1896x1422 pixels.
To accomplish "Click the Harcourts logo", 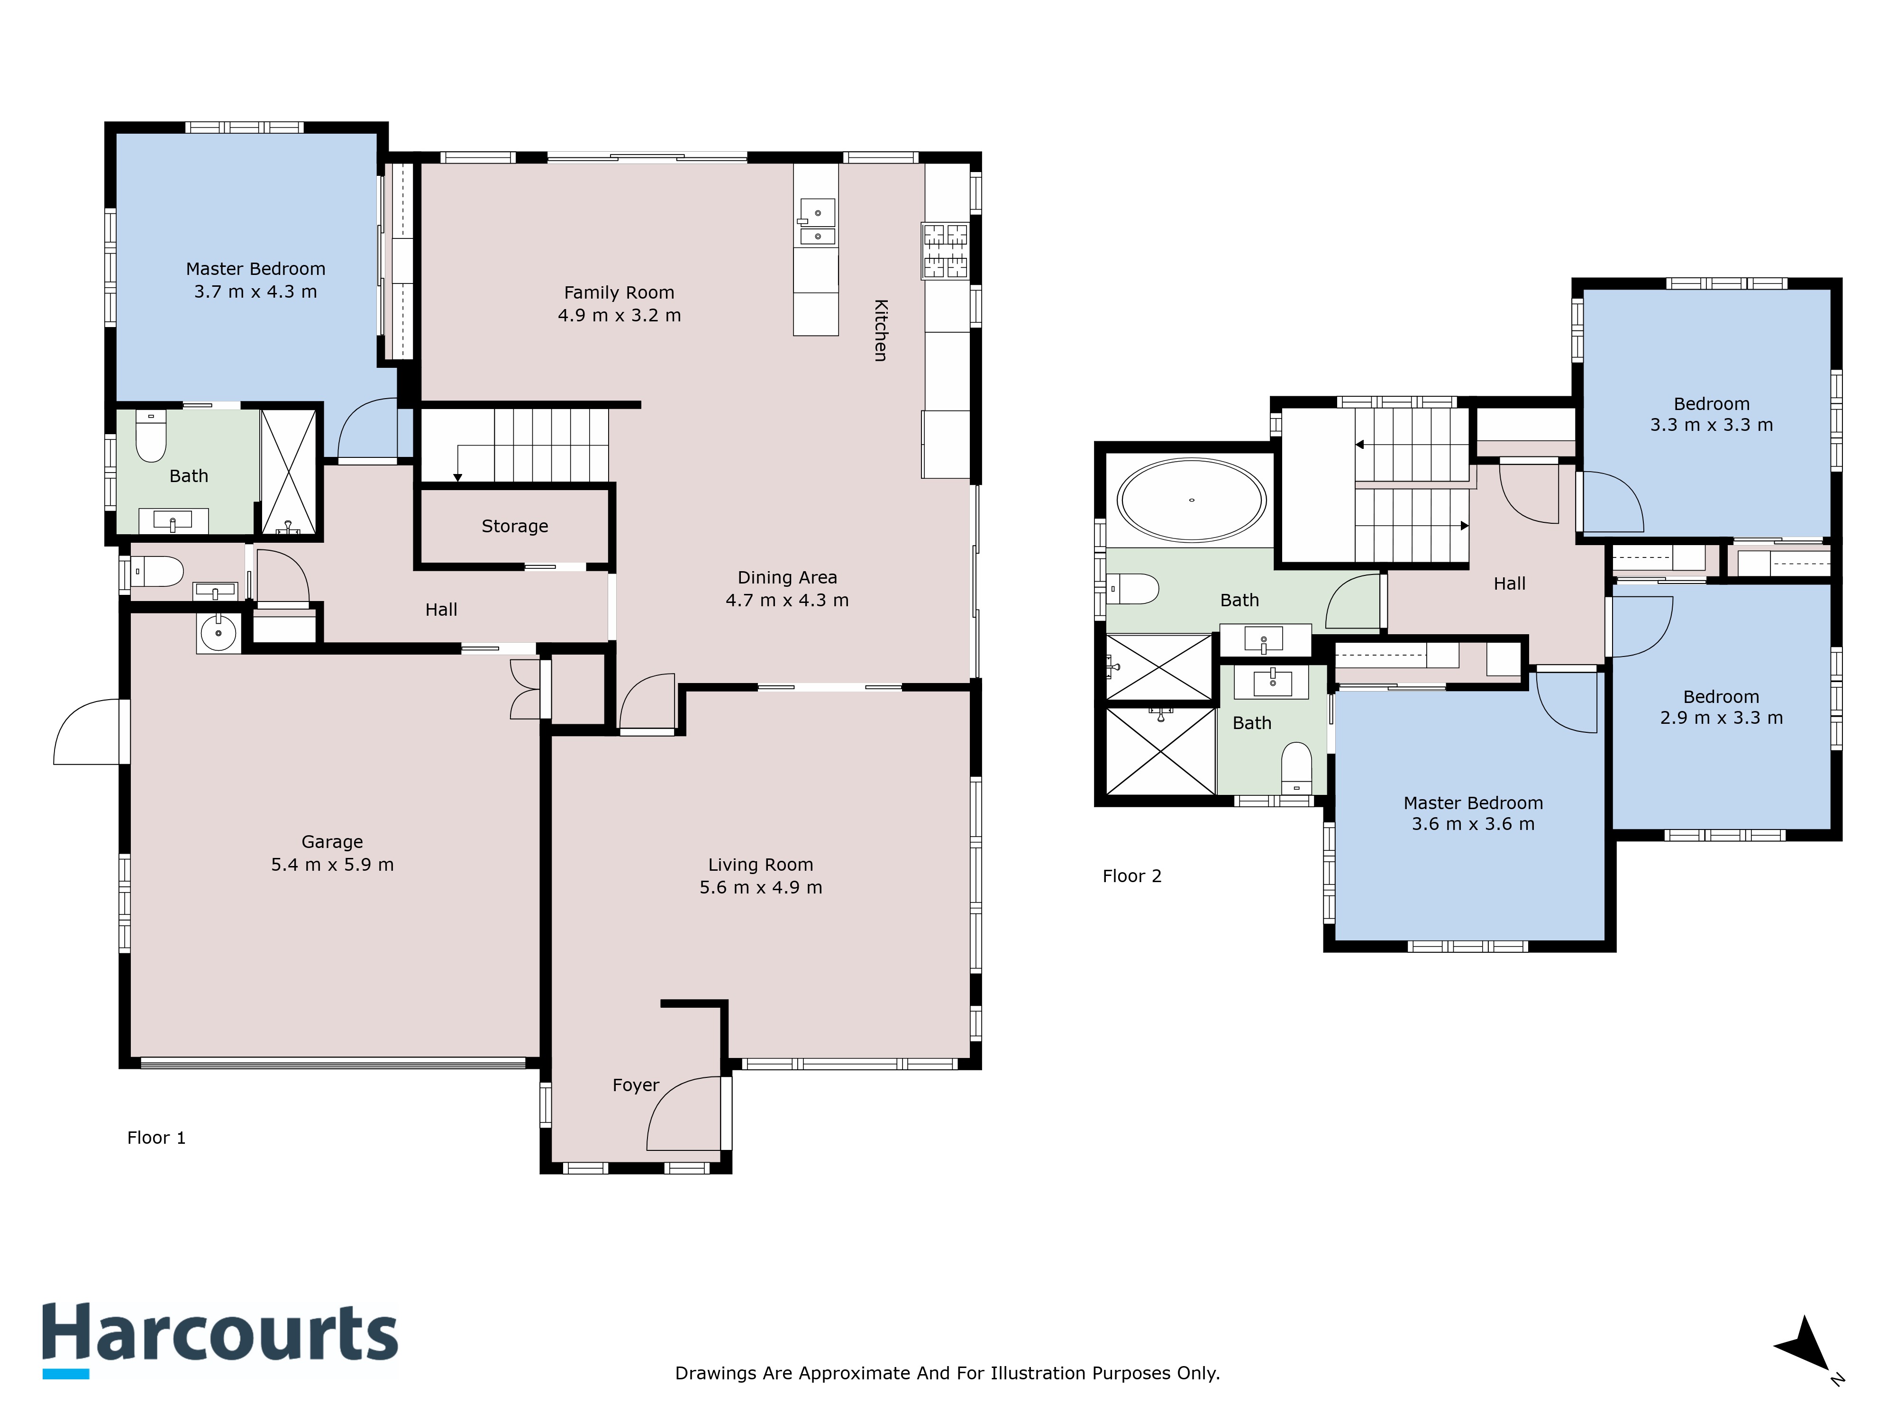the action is click(x=220, y=1340).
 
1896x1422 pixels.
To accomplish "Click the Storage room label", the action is click(x=514, y=526).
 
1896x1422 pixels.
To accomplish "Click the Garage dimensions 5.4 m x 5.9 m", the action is click(x=333, y=865).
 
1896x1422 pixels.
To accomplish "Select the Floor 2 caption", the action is click(x=1131, y=876).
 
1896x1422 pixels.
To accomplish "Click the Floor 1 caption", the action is click(x=156, y=1138).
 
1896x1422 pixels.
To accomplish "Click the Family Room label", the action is click(x=619, y=293).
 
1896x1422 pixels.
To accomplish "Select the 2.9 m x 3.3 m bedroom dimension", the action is click(x=1721, y=718).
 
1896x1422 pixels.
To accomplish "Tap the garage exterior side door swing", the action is click(x=87, y=731).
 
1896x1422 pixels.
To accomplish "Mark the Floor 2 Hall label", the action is click(x=1509, y=583).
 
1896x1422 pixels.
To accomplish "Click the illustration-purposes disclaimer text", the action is click(x=947, y=1373).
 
